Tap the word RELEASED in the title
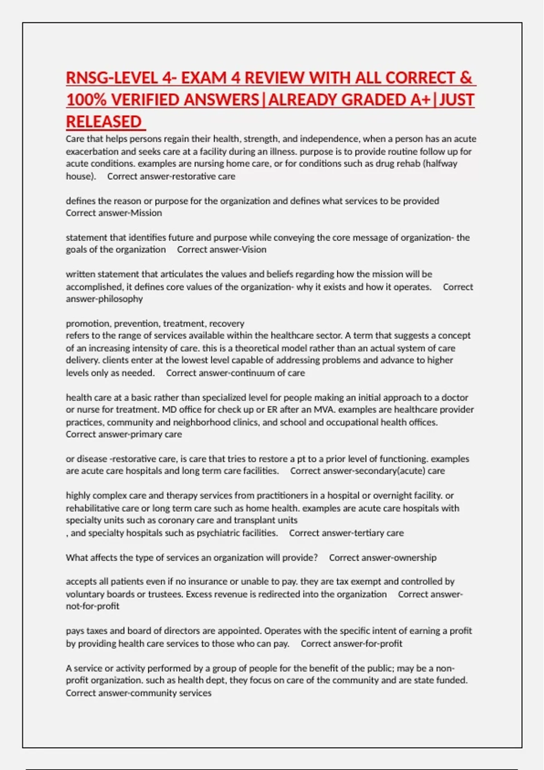coord(104,122)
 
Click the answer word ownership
coord(414,558)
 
